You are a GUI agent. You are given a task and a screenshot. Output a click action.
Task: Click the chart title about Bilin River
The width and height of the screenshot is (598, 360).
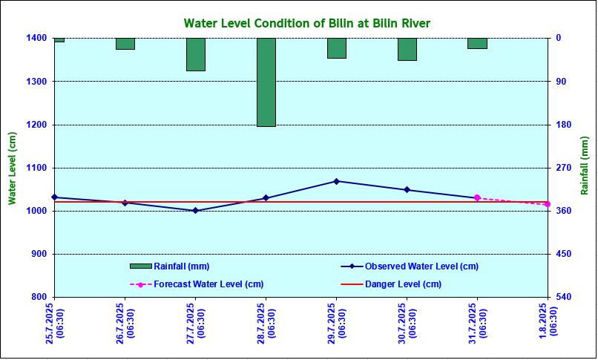(306, 24)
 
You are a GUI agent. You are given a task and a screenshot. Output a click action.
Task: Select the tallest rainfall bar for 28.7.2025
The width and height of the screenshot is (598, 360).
(266, 82)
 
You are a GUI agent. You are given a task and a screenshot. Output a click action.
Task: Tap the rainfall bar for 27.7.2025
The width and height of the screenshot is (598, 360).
(196, 54)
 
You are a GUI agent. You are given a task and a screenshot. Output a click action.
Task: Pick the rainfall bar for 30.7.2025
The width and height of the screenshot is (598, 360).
(407, 49)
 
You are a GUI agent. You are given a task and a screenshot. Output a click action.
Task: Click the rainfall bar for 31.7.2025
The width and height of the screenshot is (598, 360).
(477, 43)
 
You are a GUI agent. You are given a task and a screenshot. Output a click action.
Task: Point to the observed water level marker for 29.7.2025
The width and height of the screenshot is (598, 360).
(337, 181)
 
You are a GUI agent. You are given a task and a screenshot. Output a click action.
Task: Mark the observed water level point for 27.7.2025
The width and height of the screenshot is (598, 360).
(196, 211)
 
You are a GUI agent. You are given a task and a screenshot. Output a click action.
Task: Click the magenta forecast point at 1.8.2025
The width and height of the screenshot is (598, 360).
(548, 204)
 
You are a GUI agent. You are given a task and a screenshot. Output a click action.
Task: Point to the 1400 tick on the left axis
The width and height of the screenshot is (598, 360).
(39, 38)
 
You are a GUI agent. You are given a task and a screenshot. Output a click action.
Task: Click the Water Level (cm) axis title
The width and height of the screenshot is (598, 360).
(12, 168)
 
